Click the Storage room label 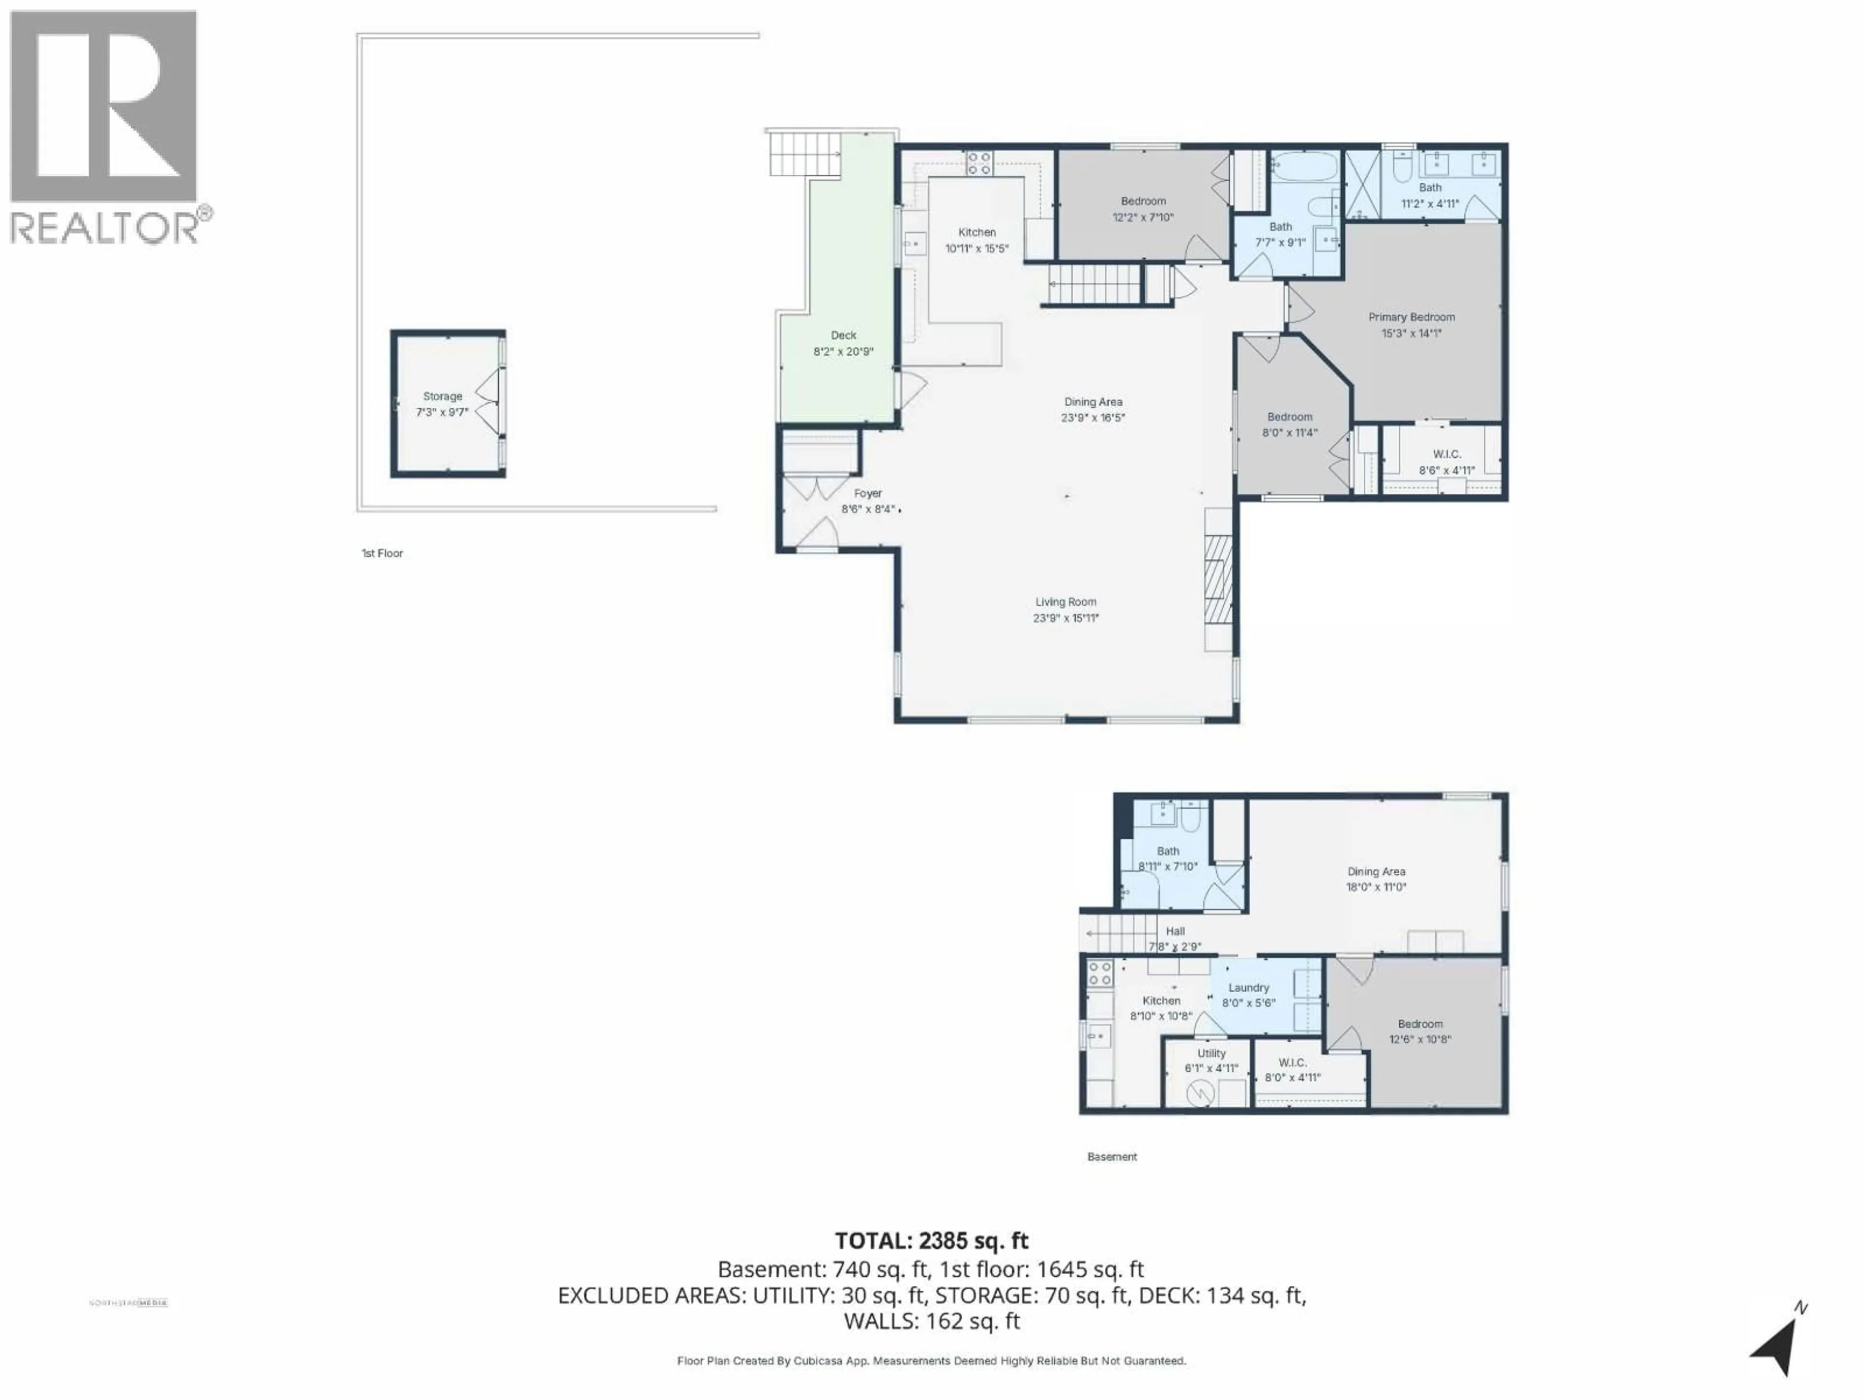[x=442, y=396]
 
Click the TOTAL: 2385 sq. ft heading [x=932, y=1240]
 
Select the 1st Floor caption [x=382, y=554]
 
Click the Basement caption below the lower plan [x=1111, y=1157]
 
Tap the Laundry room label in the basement [x=1248, y=988]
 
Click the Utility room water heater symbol [x=1199, y=1094]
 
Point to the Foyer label [x=867, y=494]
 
